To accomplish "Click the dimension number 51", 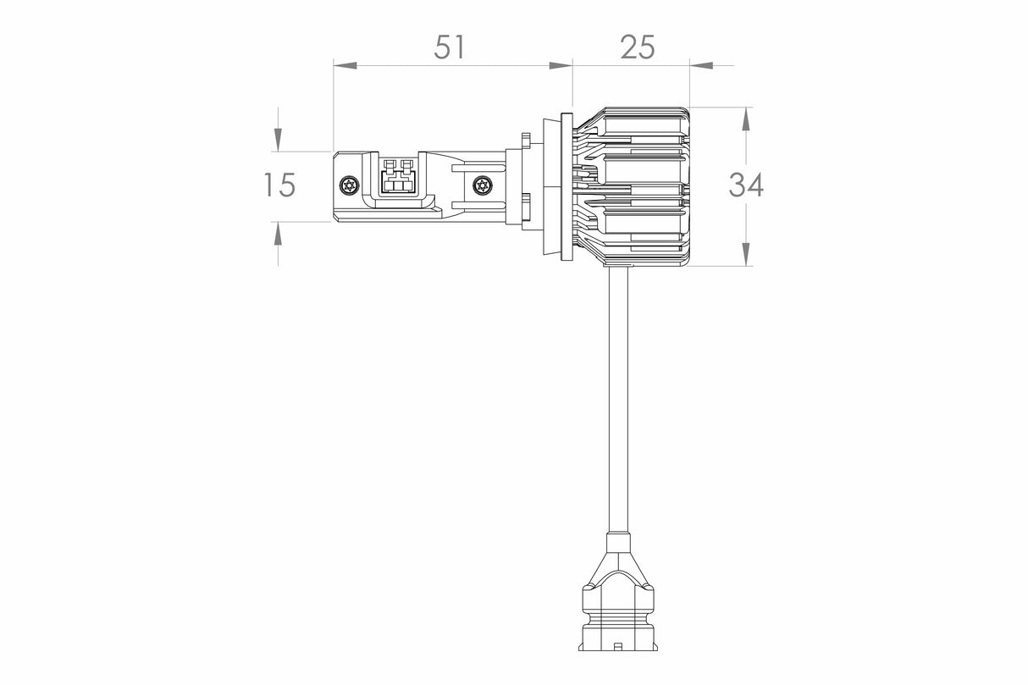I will coord(450,47).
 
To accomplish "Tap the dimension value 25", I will coord(637,47).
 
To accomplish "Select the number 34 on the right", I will coord(746,185).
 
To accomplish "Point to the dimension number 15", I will coord(279,185).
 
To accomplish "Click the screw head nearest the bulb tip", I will coord(348,185).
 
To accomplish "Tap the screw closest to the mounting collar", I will coord(483,185).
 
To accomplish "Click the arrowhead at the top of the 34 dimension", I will coord(745,119).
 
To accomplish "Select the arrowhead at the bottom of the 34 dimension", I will coord(745,254).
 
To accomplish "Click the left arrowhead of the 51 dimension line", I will coord(344,64).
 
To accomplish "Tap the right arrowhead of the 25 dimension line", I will coord(700,64).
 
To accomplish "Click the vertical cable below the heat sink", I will coord(618,398).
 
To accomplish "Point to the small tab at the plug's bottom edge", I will coord(617,646).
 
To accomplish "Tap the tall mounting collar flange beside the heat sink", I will coord(566,186).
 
